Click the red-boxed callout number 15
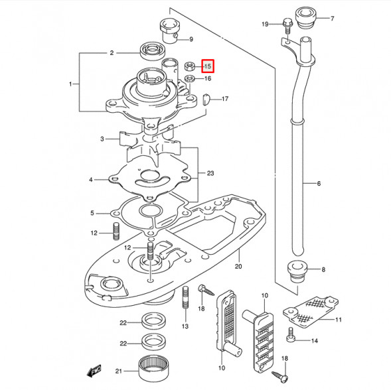click(x=208, y=66)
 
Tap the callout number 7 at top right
click(x=333, y=19)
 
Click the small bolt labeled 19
click(x=287, y=25)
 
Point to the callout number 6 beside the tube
click(x=318, y=183)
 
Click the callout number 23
click(x=210, y=174)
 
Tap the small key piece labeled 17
click(x=206, y=99)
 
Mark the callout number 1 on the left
click(x=71, y=84)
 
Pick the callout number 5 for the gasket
click(x=93, y=213)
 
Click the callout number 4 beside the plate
click(x=91, y=180)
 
